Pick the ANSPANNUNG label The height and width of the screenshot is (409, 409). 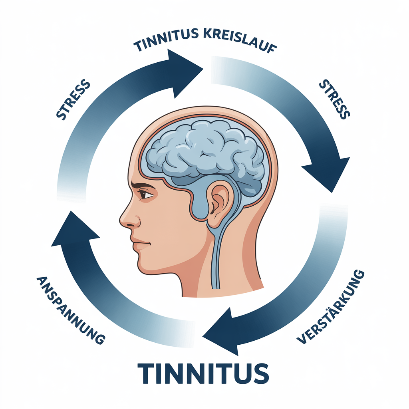(70, 310)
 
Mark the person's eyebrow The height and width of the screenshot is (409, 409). (141, 185)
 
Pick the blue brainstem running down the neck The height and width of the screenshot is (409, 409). (218, 256)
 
